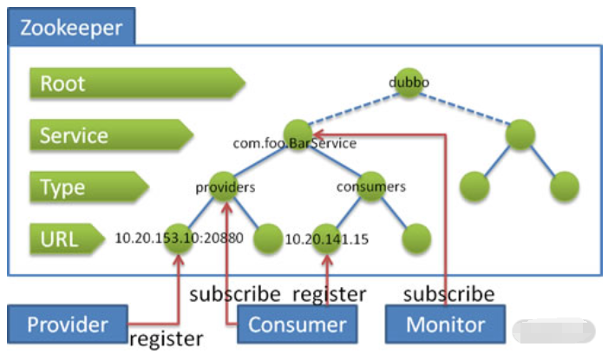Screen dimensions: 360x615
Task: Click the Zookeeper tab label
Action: click(x=70, y=28)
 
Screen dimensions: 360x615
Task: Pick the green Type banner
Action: click(x=88, y=187)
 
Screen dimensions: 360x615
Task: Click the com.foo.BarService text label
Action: click(x=294, y=144)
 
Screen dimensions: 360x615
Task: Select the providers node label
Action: click(x=225, y=186)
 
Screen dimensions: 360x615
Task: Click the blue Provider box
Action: click(x=67, y=324)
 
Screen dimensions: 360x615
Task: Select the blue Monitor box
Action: click(x=445, y=324)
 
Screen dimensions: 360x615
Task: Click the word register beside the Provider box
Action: click(x=166, y=338)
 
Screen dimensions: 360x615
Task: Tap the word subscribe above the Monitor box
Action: click(x=448, y=293)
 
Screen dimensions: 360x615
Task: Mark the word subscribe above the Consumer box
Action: click(x=235, y=293)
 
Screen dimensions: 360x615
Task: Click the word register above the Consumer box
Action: click(x=329, y=293)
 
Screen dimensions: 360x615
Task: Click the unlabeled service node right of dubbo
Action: click(x=520, y=133)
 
